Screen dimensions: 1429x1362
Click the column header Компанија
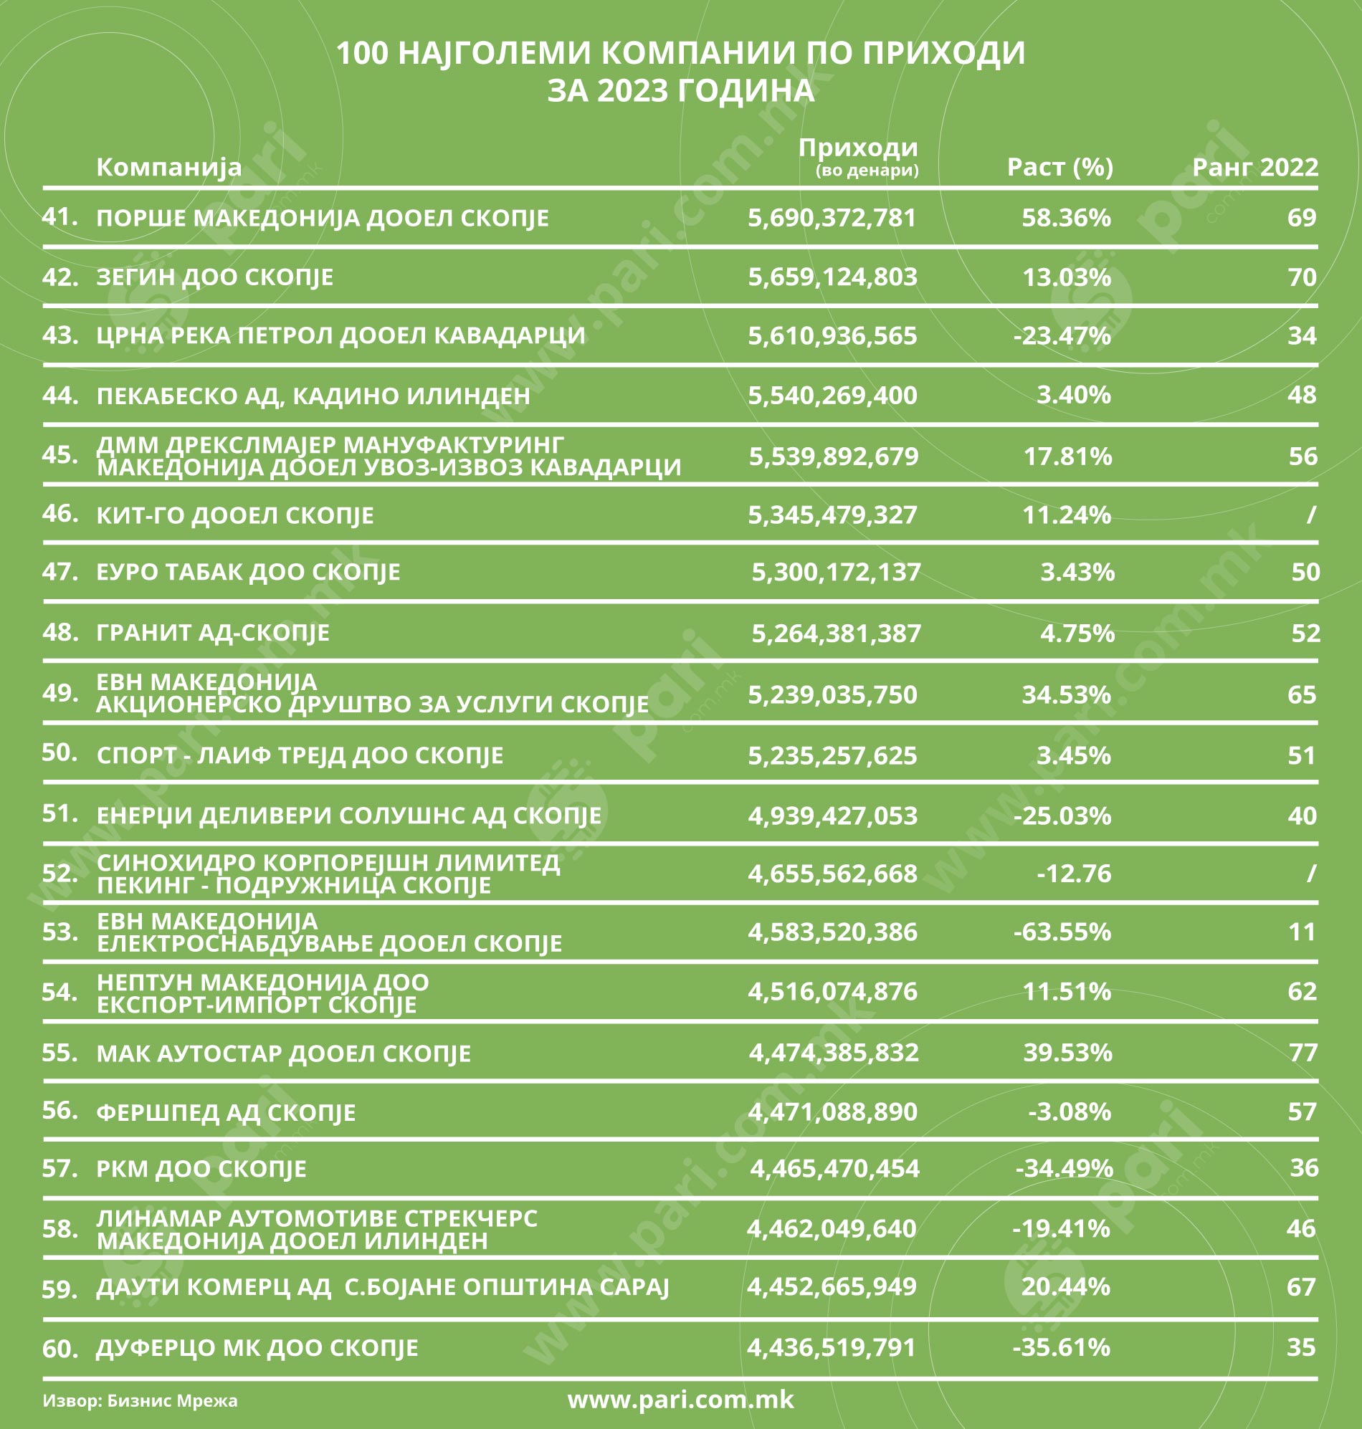coord(168,167)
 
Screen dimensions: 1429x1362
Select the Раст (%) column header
coord(1059,167)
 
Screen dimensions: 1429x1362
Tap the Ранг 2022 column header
coord(1254,167)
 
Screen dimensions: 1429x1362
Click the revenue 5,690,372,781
coord(832,218)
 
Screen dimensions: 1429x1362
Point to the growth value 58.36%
coord(1066,218)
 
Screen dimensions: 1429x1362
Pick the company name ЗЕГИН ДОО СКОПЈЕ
coord(215,277)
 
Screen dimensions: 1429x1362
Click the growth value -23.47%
coord(1062,336)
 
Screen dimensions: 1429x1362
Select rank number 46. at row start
coord(60,514)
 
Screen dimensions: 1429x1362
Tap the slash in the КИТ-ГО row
coord(1310,515)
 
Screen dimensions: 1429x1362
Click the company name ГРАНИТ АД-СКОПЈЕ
coord(213,633)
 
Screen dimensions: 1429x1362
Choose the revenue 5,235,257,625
coord(832,755)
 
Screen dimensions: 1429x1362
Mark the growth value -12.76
coord(1073,873)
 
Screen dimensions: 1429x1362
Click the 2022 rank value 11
coord(1302,932)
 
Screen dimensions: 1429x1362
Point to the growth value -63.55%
coord(1062,932)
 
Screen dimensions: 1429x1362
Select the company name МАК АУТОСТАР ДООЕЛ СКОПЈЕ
coord(283,1053)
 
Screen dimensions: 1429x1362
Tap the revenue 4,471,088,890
coord(832,1112)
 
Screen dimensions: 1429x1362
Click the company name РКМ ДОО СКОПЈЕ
coord(201,1169)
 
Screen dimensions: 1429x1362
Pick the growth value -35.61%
coord(1061,1347)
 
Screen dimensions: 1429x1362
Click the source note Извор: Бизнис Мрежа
coord(140,1400)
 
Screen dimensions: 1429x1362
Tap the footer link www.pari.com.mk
coord(680,1398)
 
